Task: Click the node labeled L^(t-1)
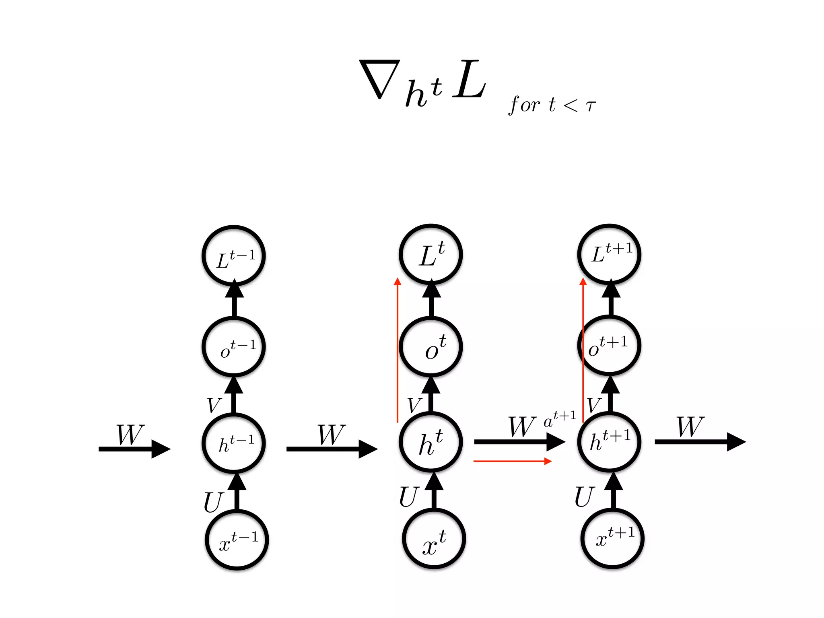pos(234,256)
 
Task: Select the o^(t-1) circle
pos(234,347)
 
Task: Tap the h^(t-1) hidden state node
pos(234,443)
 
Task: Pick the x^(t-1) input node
pos(237,540)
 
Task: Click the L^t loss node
pos(431,254)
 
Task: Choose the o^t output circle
pos(431,347)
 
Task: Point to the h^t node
pos(431,442)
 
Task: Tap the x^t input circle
pos(434,539)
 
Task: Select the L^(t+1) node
pos(609,254)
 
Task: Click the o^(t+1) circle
pos(609,346)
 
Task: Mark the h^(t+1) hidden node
pos(609,441)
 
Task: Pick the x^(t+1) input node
pos(612,539)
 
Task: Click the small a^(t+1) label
pos(560,419)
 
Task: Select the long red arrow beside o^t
pos(398,350)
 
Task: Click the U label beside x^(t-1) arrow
pos(213,502)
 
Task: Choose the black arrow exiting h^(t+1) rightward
pos(700,442)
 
